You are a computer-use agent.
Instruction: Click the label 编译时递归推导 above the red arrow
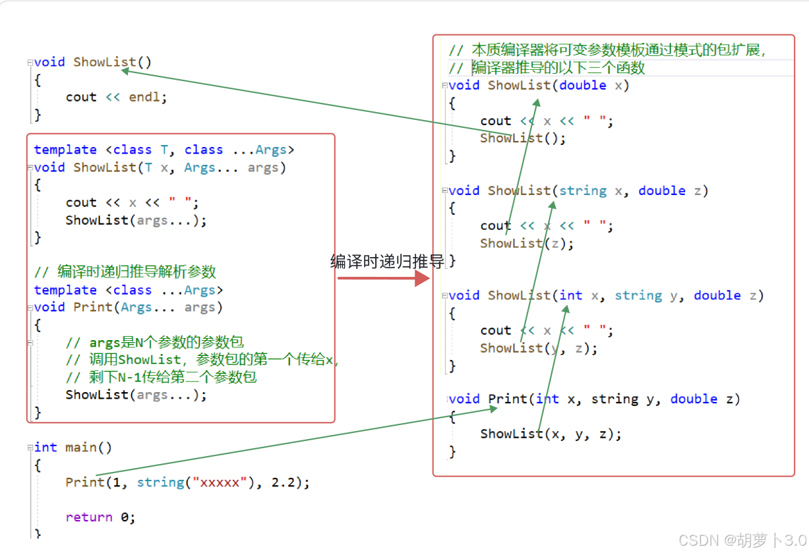(387, 262)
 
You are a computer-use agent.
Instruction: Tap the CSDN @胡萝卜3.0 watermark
(742, 540)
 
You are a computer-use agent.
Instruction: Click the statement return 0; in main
(100, 517)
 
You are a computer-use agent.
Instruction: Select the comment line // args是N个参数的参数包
(155, 342)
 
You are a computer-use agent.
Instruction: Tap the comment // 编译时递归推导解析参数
(125, 272)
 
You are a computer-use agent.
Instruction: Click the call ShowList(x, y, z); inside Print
(551, 434)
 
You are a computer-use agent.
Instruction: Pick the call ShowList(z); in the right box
(527, 243)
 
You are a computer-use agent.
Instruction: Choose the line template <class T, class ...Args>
(164, 150)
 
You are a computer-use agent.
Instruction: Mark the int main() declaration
(73, 448)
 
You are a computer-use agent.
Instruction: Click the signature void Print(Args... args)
(129, 307)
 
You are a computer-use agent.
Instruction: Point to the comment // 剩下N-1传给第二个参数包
(162, 377)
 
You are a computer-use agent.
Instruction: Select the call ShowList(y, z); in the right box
(539, 348)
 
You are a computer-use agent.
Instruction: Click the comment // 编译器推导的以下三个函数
(547, 68)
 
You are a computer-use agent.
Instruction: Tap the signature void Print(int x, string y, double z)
(594, 399)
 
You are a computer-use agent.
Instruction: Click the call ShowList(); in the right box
(523, 138)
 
